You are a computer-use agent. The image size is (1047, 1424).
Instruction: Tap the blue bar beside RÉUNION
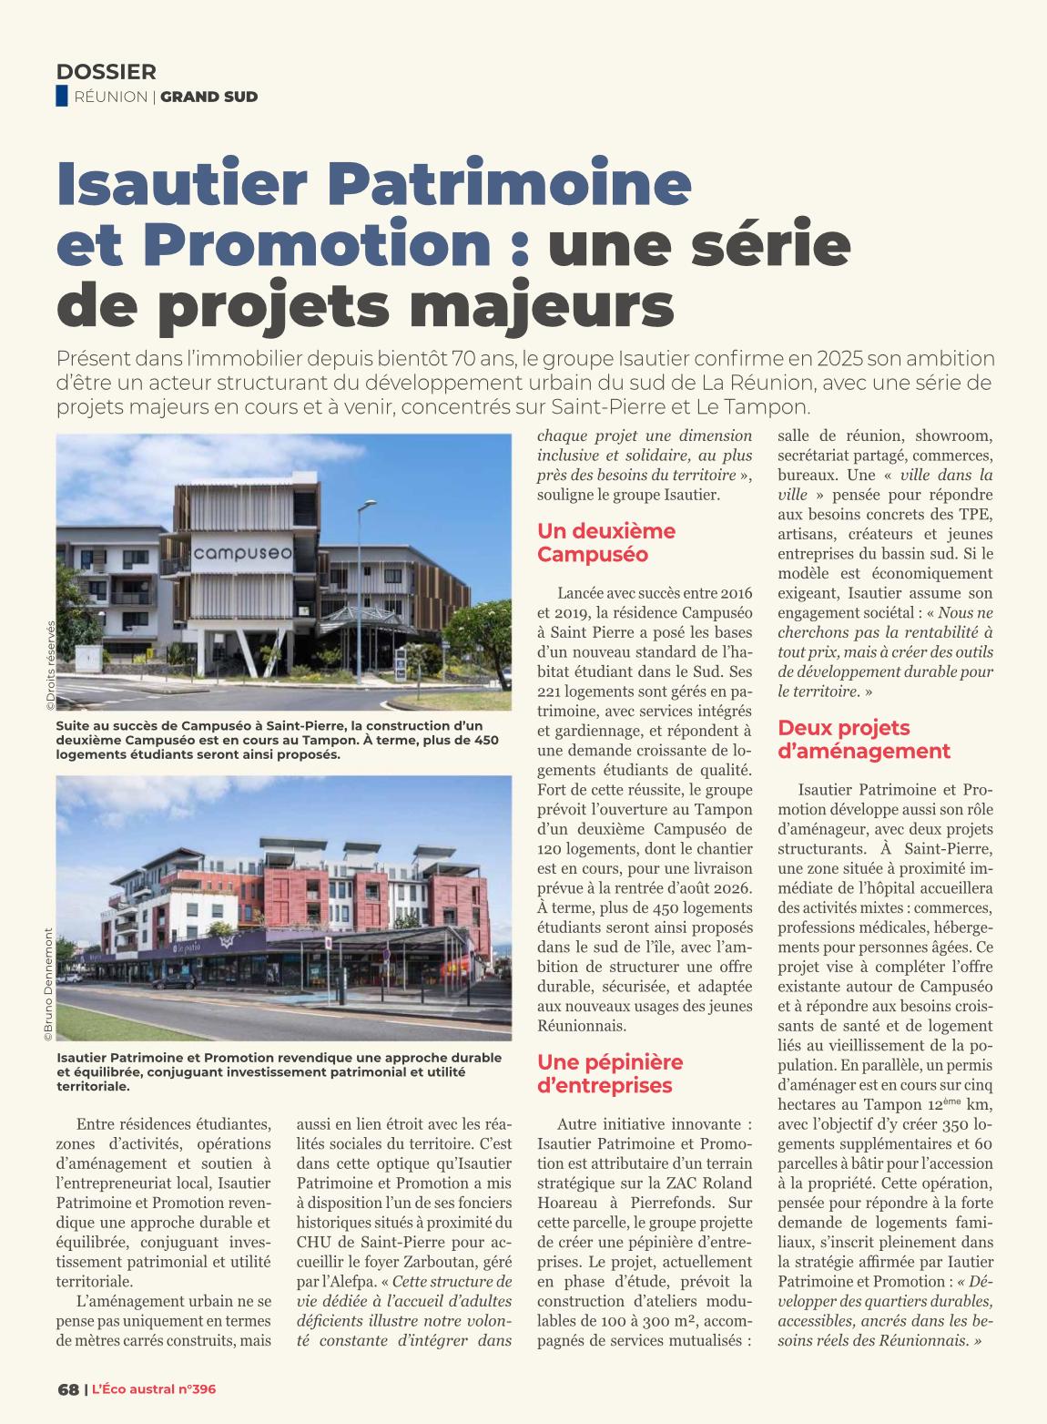[62, 96]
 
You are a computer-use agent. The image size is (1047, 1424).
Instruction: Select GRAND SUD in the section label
[209, 97]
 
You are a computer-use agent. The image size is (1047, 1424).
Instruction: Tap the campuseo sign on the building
[229, 552]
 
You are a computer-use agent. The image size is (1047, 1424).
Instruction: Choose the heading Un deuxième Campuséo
[606, 542]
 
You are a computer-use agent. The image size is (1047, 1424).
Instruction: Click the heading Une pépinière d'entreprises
[610, 1073]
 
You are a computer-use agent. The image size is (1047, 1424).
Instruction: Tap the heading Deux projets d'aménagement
[864, 739]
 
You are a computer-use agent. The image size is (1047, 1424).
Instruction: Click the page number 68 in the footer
[67, 1389]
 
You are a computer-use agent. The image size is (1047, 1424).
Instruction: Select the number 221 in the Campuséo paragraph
[552, 692]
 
